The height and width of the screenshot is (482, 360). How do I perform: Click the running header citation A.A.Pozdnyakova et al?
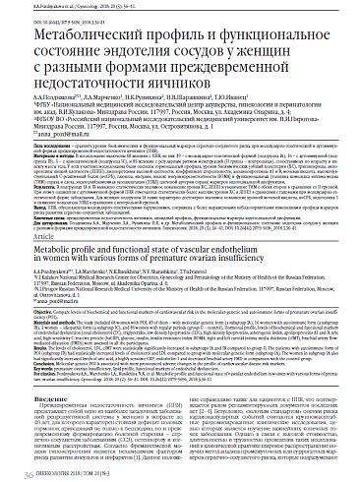[x=69, y=7]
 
